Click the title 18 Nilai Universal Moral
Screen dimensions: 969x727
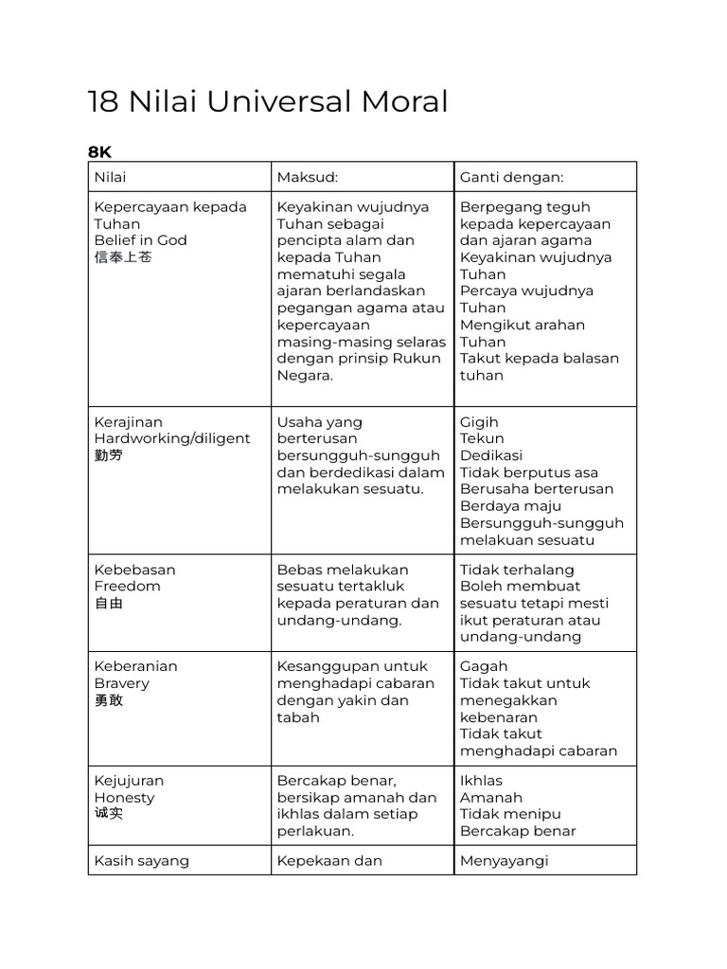pyautogui.click(x=268, y=101)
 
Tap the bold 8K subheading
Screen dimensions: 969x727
pyautogui.click(x=99, y=151)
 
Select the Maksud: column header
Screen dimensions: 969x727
pyautogui.click(x=308, y=177)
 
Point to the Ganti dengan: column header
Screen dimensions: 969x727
pyautogui.click(x=511, y=177)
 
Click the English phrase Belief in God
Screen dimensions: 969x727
pyautogui.click(x=141, y=240)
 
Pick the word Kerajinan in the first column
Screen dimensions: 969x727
pyautogui.click(x=129, y=422)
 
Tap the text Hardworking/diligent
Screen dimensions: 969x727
pyautogui.click(x=172, y=438)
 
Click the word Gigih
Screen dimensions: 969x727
pyautogui.click(x=479, y=422)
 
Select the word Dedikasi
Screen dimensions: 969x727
pyautogui.click(x=491, y=455)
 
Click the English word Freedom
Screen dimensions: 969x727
pyautogui.click(x=127, y=586)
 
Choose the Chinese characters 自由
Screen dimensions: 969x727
pyautogui.click(x=109, y=603)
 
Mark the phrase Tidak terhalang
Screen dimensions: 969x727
pyautogui.click(x=517, y=570)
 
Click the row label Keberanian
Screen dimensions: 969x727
pyautogui.click(x=135, y=666)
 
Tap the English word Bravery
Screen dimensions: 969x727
pyautogui.click(x=122, y=683)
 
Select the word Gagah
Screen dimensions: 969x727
pyautogui.click(x=483, y=666)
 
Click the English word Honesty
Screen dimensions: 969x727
pyautogui.click(x=124, y=798)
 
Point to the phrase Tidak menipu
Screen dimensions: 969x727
pyautogui.click(x=510, y=814)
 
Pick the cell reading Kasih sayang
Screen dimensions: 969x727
pyautogui.click(x=142, y=860)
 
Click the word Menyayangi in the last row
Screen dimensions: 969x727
pyautogui.click(x=505, y=860)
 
